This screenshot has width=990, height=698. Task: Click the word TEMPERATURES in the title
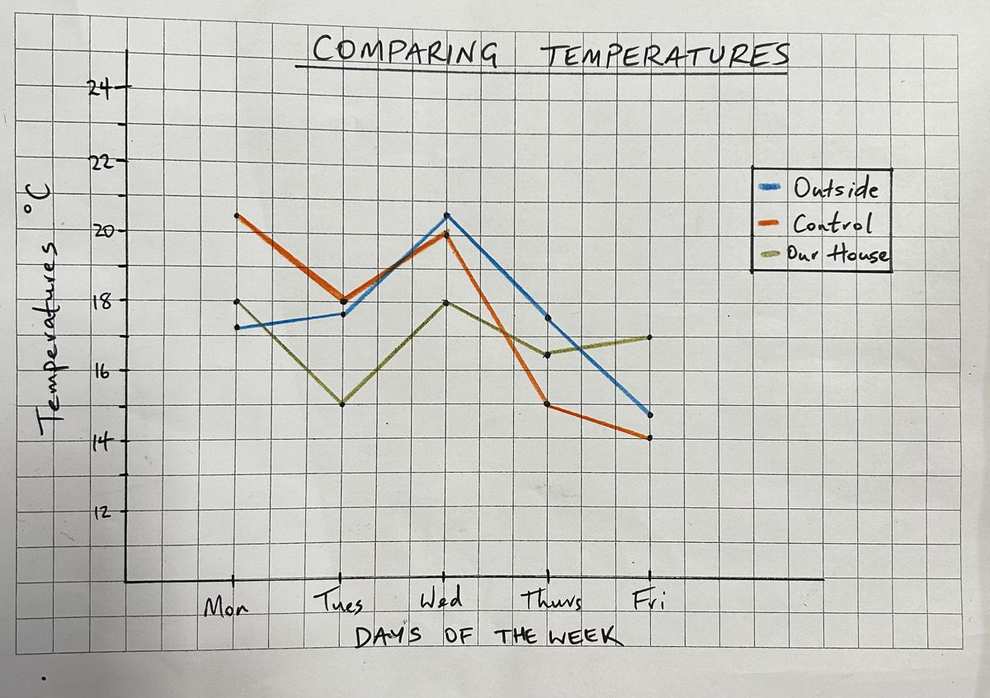(665, 54)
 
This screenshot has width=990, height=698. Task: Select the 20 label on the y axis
(102, 231)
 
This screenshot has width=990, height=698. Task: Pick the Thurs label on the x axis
(551, 601)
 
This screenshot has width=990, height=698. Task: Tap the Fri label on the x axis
(648, 600)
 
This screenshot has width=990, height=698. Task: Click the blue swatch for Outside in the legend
(770, 187)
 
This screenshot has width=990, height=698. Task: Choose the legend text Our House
(837, 254)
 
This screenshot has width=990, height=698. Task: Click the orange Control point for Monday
(237, 215)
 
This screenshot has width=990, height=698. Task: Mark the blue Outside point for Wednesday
(446, 215)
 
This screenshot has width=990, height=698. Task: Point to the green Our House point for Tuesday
(342, 404)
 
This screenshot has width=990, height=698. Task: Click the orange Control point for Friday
(649, 438)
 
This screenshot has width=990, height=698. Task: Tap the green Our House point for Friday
(649, 337)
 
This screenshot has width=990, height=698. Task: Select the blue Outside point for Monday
(237, 328)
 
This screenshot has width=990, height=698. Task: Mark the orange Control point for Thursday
(547, 404)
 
